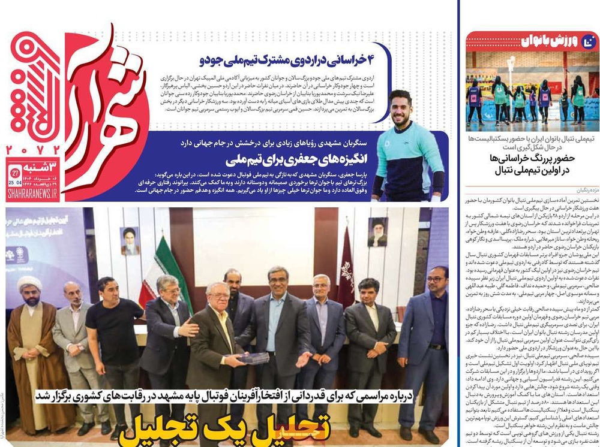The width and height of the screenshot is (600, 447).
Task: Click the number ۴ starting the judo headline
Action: click(x=377, y=61)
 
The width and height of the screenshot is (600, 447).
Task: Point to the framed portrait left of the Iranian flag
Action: click(x=130, y=241)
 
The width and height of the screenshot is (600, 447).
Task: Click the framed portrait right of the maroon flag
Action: click(x=377, y=232)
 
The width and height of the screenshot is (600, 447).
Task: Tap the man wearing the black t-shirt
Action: click(x=108, y=336)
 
